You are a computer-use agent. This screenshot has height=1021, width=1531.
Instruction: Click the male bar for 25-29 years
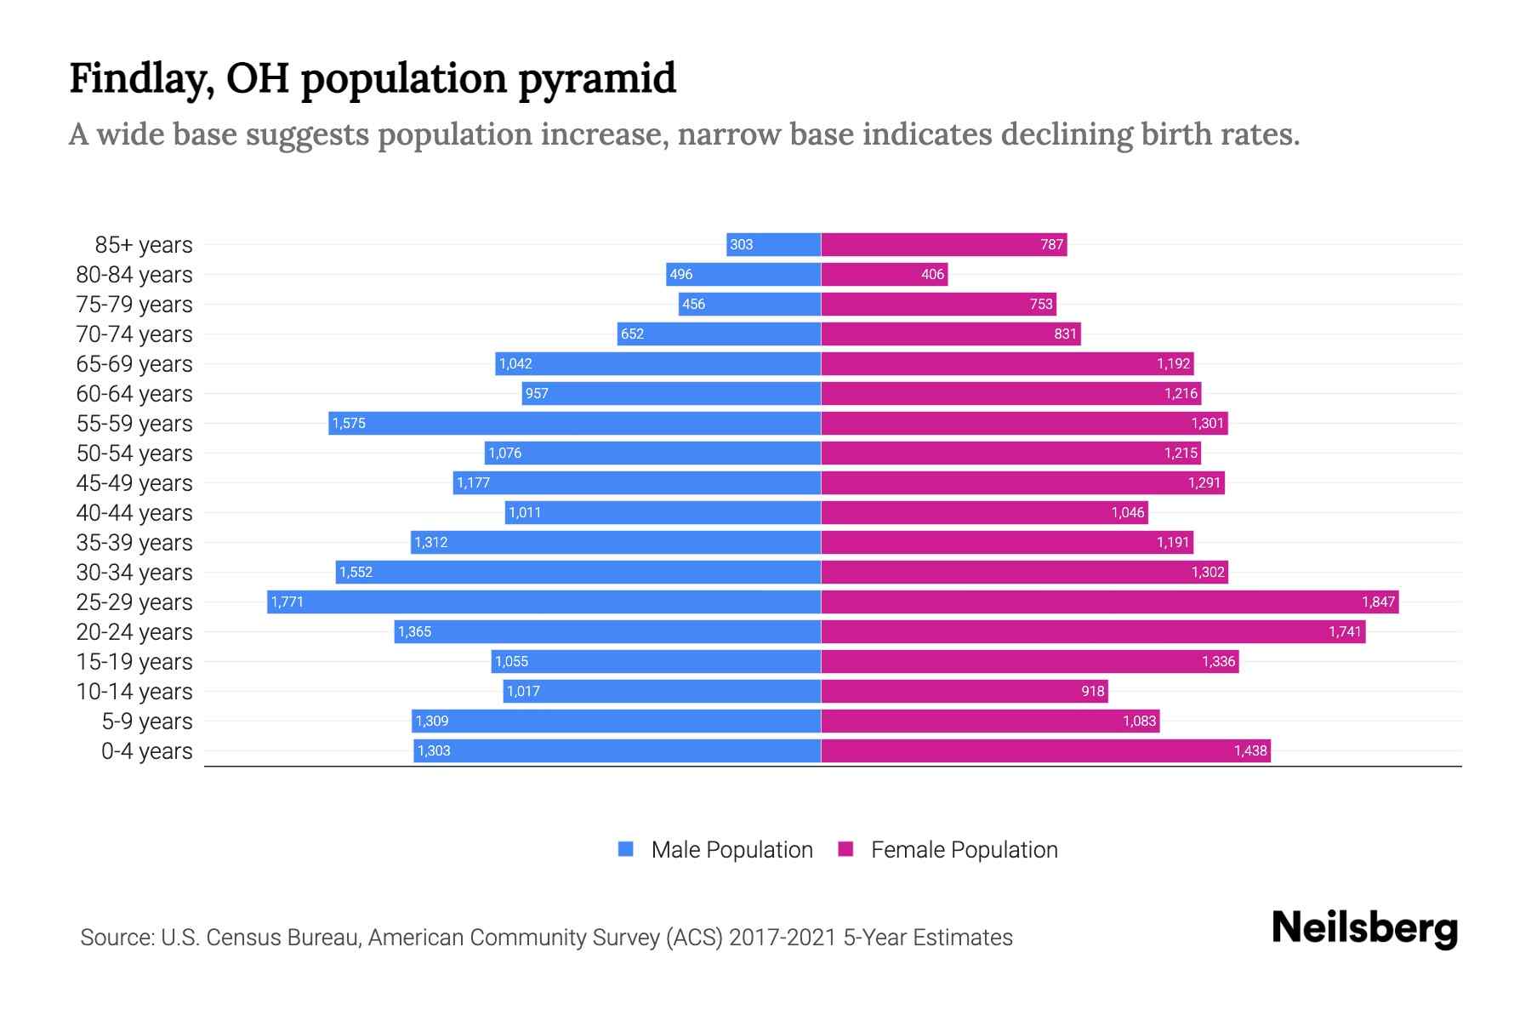(x=544, y=602)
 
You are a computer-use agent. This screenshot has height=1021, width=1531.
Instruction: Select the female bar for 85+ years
(x=944, y=245)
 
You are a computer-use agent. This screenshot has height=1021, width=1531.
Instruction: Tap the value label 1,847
(x=1378, y=602)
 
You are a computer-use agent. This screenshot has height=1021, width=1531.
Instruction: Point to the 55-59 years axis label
(x=134, y=424)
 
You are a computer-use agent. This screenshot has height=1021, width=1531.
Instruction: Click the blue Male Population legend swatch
(x=626, y=849)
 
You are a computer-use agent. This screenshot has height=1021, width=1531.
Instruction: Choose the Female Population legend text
(x=964, y=850)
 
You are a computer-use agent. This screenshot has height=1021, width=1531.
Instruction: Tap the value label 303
(x=741, y=245)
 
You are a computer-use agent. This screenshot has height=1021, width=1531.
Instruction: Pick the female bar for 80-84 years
(x=885, y=275)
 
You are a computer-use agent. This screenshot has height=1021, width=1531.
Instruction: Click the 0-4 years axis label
(x=146, y=751)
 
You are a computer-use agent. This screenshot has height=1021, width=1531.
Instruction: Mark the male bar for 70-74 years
(x=719, y=334)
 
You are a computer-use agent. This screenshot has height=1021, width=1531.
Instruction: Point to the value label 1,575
(x=349, y=424)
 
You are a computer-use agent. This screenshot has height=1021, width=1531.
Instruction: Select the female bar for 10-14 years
(x=965, y=692)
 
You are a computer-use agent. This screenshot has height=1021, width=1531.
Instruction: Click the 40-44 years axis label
(x=134, y=513)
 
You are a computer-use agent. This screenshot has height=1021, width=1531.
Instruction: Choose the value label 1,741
(x=1345, y=632)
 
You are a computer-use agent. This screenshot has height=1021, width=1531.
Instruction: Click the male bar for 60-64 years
(x=672, y=394)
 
